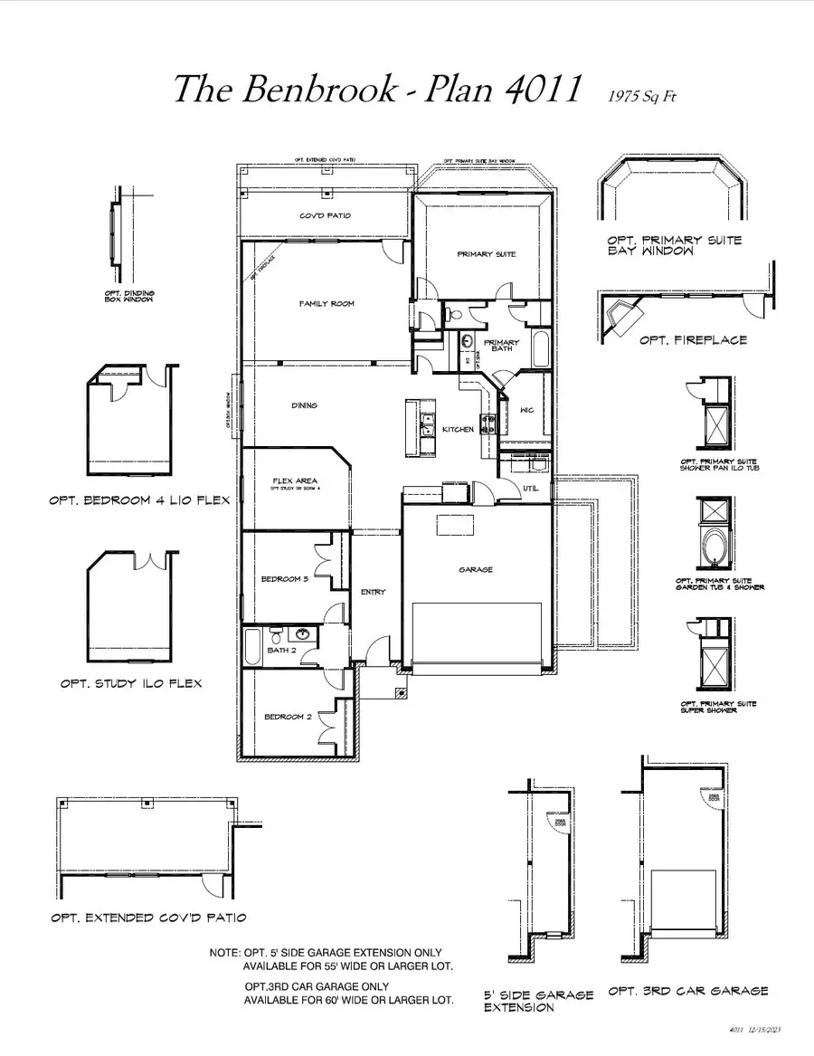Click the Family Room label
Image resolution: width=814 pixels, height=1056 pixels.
[327, 304]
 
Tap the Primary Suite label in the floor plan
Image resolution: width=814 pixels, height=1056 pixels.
[487, 254]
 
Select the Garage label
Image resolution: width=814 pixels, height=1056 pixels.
[476, 569]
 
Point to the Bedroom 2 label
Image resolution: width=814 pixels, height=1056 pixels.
[288, 717]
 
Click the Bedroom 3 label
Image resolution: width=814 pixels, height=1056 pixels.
[285, 579]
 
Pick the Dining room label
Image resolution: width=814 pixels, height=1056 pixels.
[304, 405]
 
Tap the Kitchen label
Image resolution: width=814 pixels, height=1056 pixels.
[458, 429]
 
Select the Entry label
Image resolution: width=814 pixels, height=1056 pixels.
[373, 592]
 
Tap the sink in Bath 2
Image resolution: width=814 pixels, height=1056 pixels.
[305, 635]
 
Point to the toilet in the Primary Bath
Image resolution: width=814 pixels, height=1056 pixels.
[456, 315]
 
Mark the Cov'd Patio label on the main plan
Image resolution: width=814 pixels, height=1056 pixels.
[325, 216]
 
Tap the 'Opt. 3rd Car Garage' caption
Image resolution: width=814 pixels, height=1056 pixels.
[688, 991]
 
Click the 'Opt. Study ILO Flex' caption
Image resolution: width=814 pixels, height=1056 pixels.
[131, 683]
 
